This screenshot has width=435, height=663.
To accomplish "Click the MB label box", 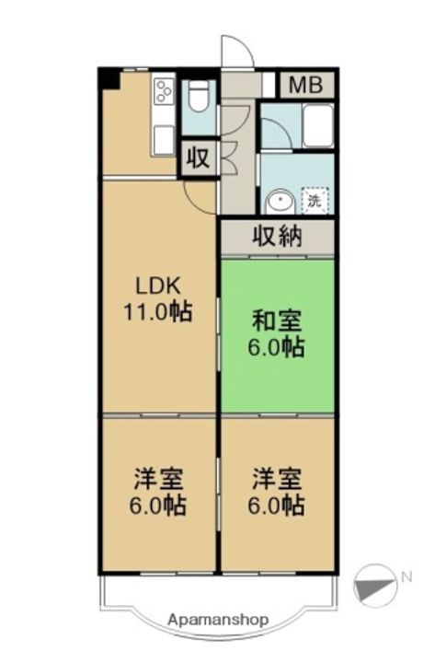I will pyautogui.click(x=305, y=86).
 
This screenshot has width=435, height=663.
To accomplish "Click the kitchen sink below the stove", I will pyautogui.click(x=164, y=138).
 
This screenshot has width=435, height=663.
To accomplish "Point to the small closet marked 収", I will pyautogui.click(x=198, y=157).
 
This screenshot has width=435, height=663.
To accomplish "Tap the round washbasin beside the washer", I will pyautogui.click(x=278, y=202).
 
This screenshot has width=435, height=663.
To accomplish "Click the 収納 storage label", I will pyautogui.click(x=277, y=237).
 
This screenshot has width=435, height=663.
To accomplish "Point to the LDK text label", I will pyautogui.click(x=158, y=285).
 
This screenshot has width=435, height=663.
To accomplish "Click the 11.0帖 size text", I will pyautogui.click(x=158, y=312).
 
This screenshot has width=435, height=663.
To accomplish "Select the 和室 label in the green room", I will pyautogui.click(x=277, y=321).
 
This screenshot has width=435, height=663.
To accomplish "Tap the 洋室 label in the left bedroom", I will pyautogui.click(x=158, y=479).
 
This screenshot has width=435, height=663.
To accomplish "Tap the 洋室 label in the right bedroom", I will pyautogui.click(x=277, y=479).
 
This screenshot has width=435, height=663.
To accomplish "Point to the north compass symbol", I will pyautogui.click(x=372, y=582).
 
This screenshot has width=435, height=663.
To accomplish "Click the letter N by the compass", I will pyautogui.click(x=406, y=577).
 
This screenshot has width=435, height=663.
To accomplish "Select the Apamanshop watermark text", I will pyautogui.click(x=218, y=620).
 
